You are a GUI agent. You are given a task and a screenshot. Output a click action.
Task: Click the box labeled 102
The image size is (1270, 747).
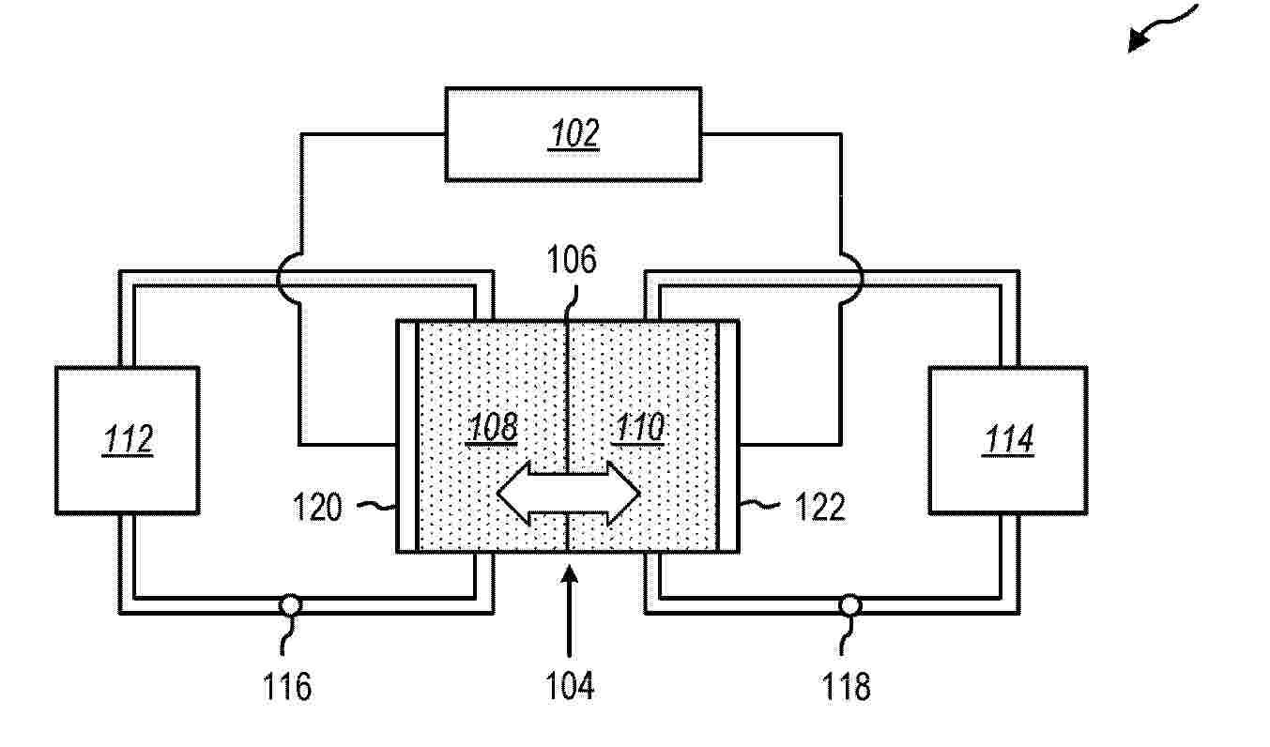coord(574,134)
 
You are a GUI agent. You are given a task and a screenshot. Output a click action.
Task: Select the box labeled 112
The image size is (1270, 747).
coord(127,440)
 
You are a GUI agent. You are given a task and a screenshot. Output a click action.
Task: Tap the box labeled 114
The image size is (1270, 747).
coord(1008,440)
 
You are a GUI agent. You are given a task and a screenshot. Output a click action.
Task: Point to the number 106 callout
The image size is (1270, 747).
coord(572,260)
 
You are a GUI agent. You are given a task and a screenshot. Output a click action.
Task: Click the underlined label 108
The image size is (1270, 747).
coord(492,427)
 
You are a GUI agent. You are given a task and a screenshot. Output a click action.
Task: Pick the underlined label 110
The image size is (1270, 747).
coord(639,427)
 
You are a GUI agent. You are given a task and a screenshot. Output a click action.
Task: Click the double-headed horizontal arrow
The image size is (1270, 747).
coord(569,494)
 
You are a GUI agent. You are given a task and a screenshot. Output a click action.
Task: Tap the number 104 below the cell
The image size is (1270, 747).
coord(569,686)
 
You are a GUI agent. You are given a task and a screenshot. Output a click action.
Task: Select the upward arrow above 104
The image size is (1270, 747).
coord(569,610)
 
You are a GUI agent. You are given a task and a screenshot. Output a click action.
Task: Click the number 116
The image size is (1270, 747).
coord(287,686)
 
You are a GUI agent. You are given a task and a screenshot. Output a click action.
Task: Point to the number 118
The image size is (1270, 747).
coord(846,686)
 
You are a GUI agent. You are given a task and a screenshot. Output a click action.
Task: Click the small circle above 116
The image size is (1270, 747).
coord(290,605)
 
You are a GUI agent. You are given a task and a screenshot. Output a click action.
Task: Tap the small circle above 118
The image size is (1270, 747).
coord(849,605)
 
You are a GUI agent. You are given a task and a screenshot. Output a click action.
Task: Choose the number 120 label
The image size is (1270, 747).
coord(317,507)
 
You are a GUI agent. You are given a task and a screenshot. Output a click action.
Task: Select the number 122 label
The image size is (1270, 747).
coord(819,507)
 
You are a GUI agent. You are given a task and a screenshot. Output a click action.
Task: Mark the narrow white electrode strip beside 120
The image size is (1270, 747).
coord(407,436)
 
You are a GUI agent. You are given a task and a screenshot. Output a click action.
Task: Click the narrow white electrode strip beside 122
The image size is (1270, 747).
coord(728,436)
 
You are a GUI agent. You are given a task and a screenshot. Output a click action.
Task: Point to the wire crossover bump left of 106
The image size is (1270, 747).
coord(287,279)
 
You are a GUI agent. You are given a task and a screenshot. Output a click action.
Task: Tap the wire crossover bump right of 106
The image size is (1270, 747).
coord(852,279)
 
